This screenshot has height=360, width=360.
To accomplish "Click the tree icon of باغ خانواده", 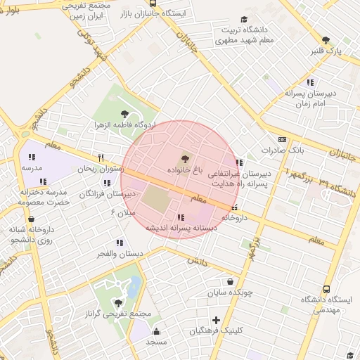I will pyautogui.click(x=185, y=159).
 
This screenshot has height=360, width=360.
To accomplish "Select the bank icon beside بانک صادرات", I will pyautogui.click(x=283, y=139).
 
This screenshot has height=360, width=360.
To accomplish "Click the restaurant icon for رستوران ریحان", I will pyautogui.click(x=101, y=157).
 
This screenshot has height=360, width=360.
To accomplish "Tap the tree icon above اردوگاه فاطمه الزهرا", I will pyautogui.click(x=125, y=112).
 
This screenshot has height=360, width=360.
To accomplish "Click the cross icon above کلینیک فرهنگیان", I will pyautogui.click(x=217, y=320).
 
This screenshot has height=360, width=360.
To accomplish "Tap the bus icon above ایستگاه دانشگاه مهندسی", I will pyautogui.click(x=326, y=289).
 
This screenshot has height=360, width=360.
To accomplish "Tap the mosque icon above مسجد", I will pyautogui.click(x=155, y=331).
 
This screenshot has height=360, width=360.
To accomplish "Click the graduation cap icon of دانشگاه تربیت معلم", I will pyautogui.click(x=244, y=20).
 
